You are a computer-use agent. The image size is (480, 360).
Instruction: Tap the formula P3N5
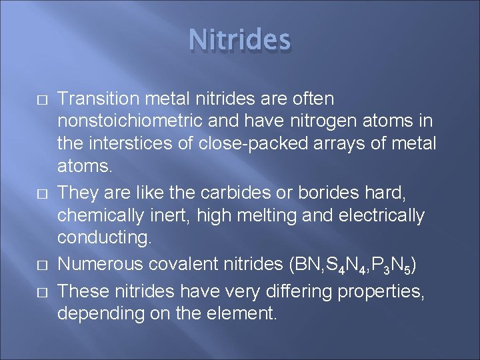click(x=396, y=265)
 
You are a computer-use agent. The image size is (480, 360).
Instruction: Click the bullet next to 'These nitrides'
click(x=41, y=292)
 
